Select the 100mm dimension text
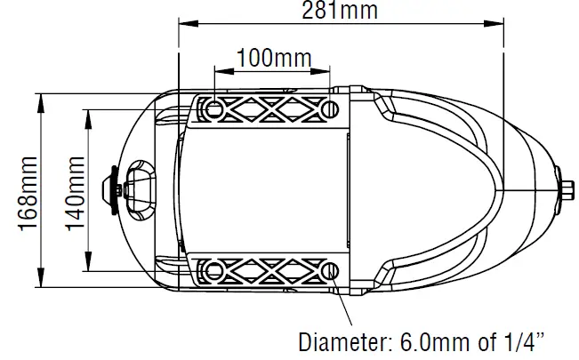272,59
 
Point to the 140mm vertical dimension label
75,191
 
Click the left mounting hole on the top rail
214,109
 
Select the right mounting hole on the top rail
329,109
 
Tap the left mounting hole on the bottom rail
214,269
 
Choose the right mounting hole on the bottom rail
329,269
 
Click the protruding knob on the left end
112,189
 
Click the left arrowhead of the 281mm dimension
183,22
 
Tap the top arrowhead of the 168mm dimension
42,97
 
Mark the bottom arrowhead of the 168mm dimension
42,284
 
